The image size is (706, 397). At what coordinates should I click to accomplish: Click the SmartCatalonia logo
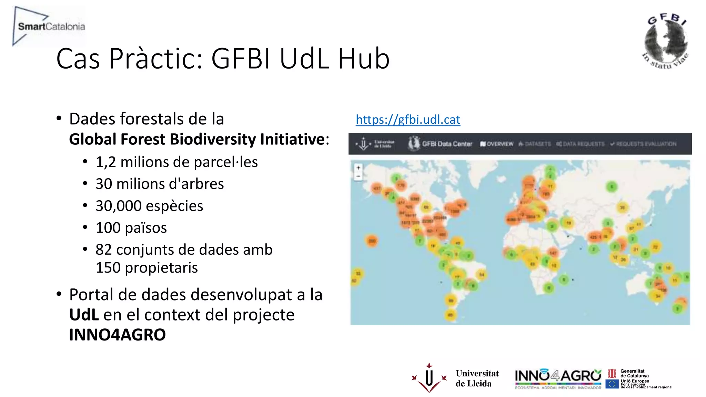48,26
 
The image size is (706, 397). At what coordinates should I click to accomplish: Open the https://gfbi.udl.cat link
408,120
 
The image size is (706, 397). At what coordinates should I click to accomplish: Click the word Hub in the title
364,59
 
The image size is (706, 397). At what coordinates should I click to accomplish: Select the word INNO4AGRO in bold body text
117,335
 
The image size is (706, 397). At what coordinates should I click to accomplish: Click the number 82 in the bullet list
104,250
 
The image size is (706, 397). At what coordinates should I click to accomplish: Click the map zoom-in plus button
359,168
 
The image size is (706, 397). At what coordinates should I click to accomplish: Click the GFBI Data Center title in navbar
447,144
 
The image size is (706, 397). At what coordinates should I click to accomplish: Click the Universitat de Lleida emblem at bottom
429,378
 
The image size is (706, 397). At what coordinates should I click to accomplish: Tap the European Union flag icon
612,384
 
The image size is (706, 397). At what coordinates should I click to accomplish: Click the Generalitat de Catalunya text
634,373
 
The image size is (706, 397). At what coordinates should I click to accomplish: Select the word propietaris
161,268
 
